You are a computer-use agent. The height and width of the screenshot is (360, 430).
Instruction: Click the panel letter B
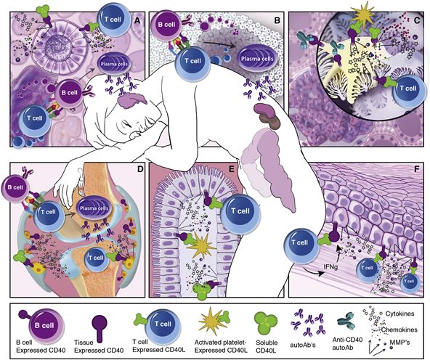click(277, 20)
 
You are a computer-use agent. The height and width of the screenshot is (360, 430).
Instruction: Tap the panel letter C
click(417, 20)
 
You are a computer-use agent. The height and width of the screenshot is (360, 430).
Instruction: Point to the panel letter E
click(231, 169)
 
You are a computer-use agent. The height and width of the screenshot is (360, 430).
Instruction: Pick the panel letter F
click(417, 169)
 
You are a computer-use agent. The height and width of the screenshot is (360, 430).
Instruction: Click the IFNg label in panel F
click(331, 265)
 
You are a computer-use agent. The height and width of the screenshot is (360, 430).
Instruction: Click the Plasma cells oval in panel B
click(257, 59)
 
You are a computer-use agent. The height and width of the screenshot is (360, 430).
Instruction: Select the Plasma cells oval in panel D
click(94, 208)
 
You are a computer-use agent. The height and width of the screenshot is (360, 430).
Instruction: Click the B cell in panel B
click(166, 24)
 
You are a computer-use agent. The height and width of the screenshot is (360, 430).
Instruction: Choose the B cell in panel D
click(15, 188)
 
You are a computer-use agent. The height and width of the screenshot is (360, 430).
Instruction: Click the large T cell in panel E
click(240, 211)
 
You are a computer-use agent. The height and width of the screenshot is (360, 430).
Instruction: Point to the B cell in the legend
click(44, 325)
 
